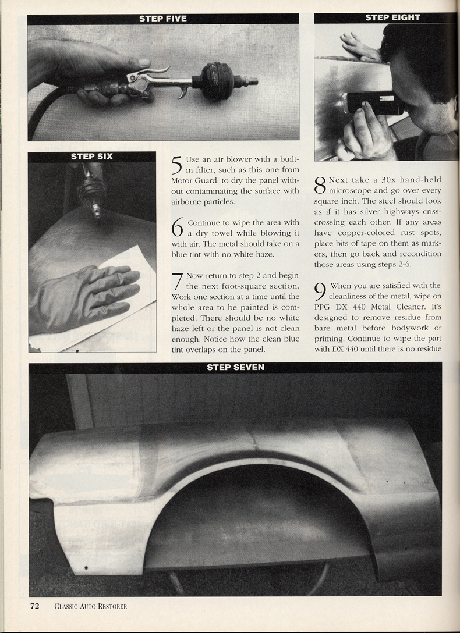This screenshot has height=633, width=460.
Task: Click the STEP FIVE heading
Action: [163, 19]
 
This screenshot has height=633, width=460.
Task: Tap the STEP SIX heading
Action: [92, 157]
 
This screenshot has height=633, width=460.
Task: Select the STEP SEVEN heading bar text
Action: [235, 367]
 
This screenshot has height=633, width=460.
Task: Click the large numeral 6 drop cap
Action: [178, 229]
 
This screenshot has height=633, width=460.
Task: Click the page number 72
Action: [35, 606]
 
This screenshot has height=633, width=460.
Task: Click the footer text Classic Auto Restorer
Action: [90, 606]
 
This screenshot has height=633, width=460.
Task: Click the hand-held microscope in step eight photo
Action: [371, 103]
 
